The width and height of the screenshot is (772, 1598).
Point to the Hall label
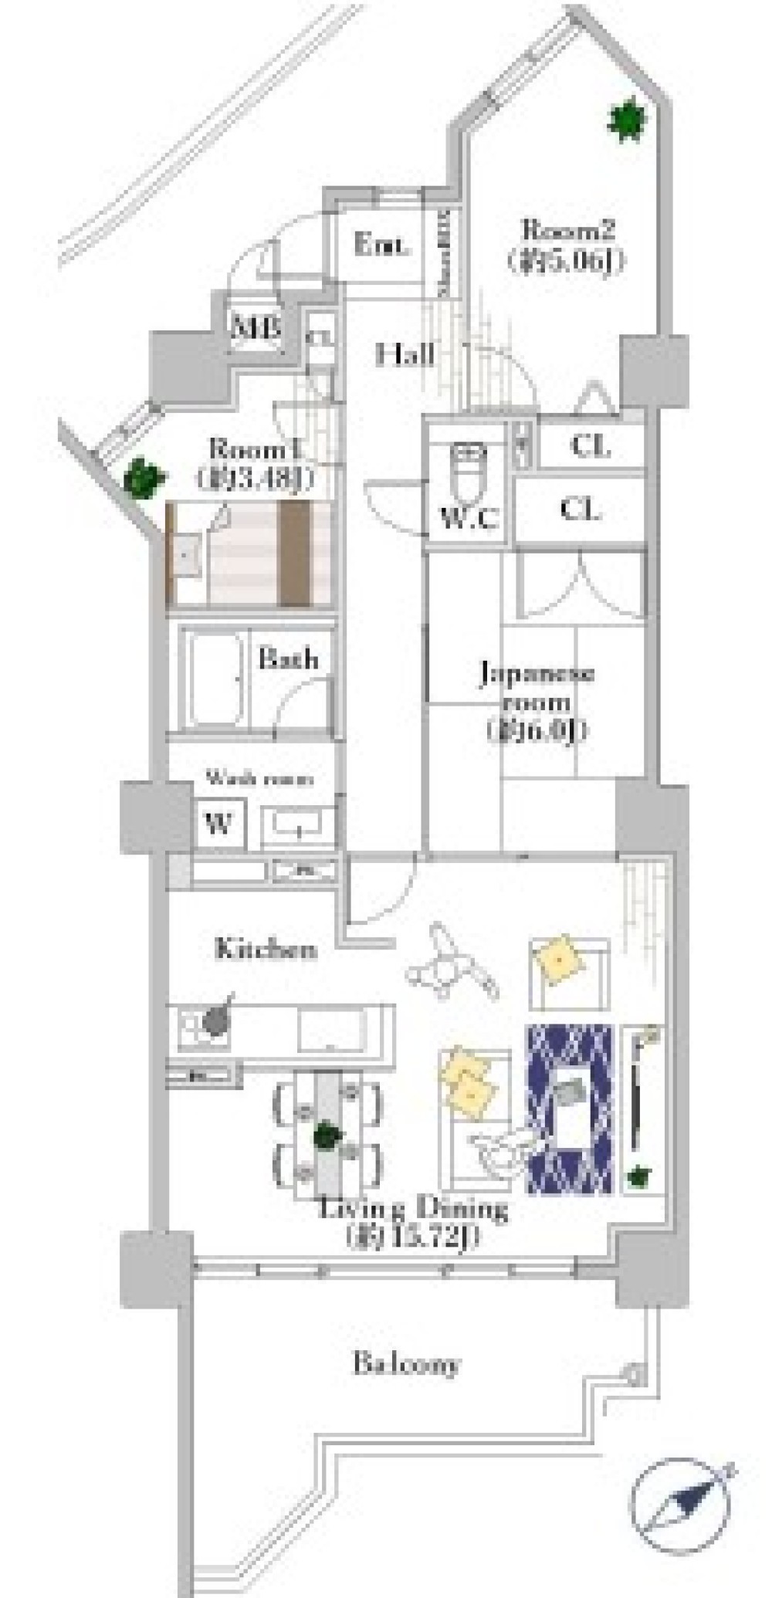pyautogui.click(x=405, y=355)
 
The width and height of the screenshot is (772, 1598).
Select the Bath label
pyautogui.click(x=288, y=659)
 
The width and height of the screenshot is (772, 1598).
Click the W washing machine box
pyautogui.click(x=219, y=824)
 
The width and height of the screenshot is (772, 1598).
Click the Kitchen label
pyautogui.click(x=266, y=949)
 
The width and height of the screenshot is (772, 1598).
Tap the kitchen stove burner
pyautogui.click(x=215, y=1023)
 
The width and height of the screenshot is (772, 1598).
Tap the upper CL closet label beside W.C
pyautogui.click(x=591, y=446)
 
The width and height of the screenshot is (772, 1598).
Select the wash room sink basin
pyautogui.click(x=298, y=827)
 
